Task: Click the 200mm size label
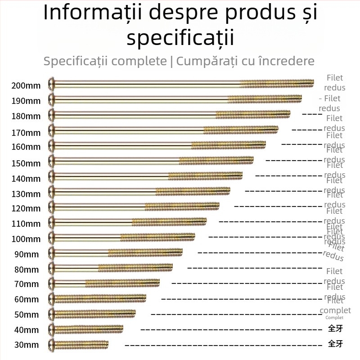pos(26,85)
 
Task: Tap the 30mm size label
pos(26,345)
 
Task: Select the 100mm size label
pos(26,239)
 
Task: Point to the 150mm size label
pos(26,163)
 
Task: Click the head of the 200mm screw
pos(52,83)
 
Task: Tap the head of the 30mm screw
pos(52,344)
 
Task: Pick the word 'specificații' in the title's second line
pos(180,38)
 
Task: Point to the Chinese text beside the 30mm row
pos(335,344)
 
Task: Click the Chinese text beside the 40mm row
pos(335,328)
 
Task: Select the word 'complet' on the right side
pos(335,310)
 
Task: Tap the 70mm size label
pos(26,284)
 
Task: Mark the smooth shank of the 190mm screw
pos(139,99)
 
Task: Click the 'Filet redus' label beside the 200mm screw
pos(335,83)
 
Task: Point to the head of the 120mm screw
pos(52,207)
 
